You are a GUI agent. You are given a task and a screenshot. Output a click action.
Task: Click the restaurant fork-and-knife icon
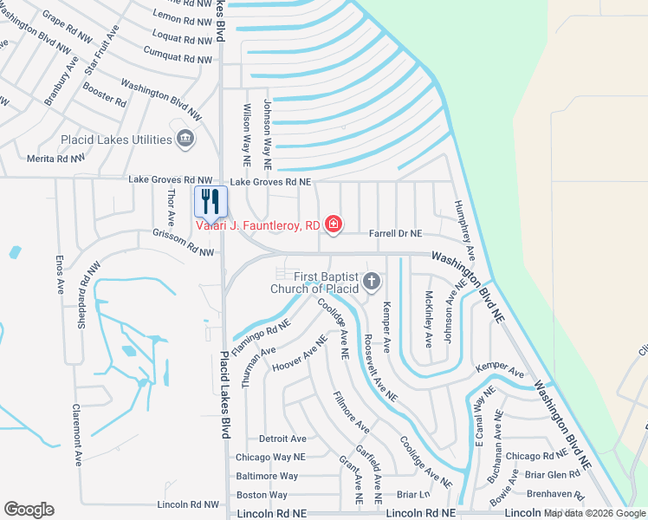click(211, 201)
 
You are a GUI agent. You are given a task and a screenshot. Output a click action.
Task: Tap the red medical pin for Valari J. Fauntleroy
click(333, 225)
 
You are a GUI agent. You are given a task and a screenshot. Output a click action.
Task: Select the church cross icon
click(372, 280)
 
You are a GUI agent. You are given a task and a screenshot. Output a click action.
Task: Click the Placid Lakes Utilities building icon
click(185, 139)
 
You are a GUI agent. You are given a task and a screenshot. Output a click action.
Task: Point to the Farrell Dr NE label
click(395, 234)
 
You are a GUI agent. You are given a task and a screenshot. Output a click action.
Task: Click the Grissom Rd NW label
click(183, 241)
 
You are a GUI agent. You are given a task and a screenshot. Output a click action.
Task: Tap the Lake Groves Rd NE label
click(269, 182)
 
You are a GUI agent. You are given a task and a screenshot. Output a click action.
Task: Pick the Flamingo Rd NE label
click(261, 329)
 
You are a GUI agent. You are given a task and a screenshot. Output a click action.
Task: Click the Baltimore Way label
click(267, 476)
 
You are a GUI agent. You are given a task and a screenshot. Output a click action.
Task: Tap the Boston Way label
click(262, 495)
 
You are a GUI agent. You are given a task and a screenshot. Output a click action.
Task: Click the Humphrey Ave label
click(465, 231)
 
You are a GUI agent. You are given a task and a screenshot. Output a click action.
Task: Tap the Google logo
click(29, 510)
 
